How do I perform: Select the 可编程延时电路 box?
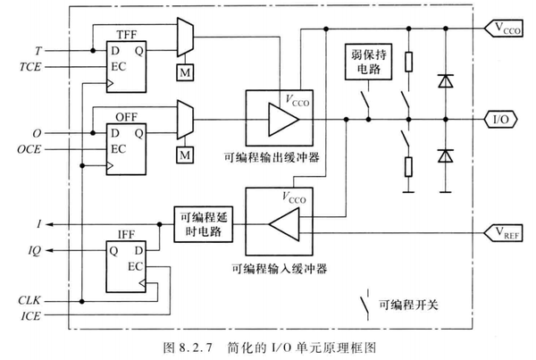pos(205,224)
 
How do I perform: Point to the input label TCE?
pos(29,66)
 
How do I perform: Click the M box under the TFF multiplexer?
pos(185,70)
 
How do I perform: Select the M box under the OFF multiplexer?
pos(185,155)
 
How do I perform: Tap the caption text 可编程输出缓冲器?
pos(272,157)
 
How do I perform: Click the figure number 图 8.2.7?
pos(175,346)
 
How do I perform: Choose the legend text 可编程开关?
pos(409,304)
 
